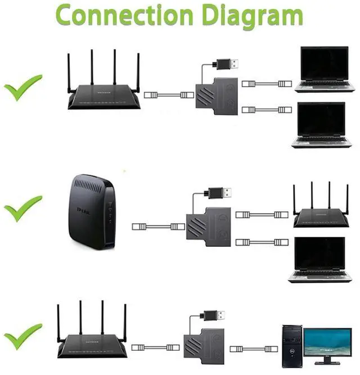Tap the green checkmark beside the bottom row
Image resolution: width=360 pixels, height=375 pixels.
point(23,336)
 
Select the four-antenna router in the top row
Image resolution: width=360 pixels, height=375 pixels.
point(102,93)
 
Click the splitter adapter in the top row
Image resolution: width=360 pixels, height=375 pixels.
point(217,95)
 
